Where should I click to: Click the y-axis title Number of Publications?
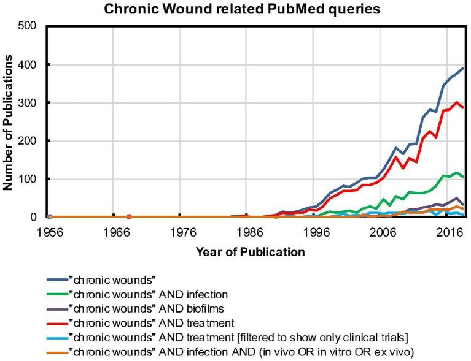pos(10,121)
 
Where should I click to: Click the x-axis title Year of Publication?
pos(250,251)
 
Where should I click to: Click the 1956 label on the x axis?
pos(49,234)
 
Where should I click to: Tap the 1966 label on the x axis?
pos(116,234)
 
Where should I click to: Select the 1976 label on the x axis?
pos(183,234)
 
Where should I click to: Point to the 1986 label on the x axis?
pos(249,234)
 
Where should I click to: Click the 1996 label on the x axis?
pos(316,234)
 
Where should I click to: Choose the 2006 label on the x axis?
pos(383,234)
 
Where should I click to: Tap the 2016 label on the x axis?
pos(450,234)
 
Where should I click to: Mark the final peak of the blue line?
pos(462,68)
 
